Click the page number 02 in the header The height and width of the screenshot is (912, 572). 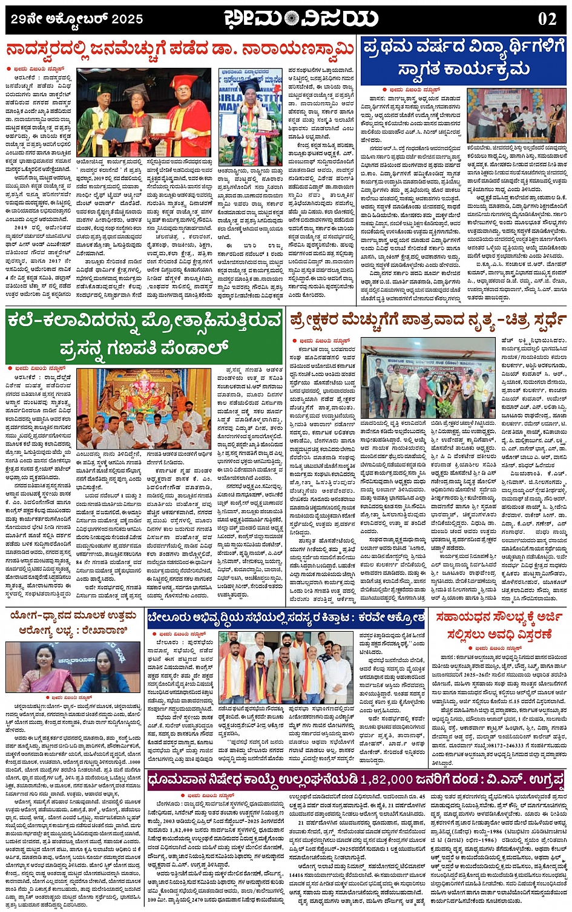[547, 19]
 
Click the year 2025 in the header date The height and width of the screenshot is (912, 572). [126, 19]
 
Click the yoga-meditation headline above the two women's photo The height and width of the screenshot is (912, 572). [73, 622]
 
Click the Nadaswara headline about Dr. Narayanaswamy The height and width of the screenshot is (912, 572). [180, 49]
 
